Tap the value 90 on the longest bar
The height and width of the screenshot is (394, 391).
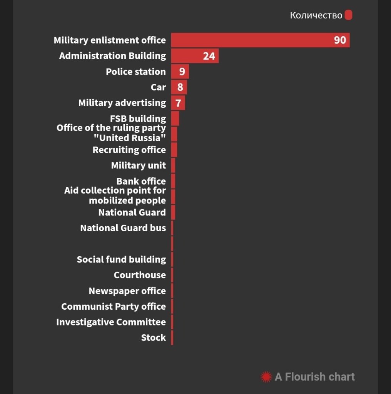340,40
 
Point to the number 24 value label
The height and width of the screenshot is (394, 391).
209,56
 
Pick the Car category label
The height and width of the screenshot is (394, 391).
158,87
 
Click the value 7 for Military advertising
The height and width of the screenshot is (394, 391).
178,103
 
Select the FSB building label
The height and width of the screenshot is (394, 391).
138,119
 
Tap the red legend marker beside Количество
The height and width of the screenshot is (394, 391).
348,15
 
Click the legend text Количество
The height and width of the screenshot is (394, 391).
316,15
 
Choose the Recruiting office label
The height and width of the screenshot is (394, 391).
129,150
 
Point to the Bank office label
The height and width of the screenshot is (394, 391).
141,181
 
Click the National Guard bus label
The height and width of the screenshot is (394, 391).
123,228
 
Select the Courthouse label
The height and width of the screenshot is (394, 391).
140,275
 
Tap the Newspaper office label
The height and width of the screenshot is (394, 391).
127,291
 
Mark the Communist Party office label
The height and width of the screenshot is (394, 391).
114,307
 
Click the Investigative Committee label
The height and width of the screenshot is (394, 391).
111,322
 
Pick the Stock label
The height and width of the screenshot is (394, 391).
153,338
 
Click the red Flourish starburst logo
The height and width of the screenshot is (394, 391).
266,377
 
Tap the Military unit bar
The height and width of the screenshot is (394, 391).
173,165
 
